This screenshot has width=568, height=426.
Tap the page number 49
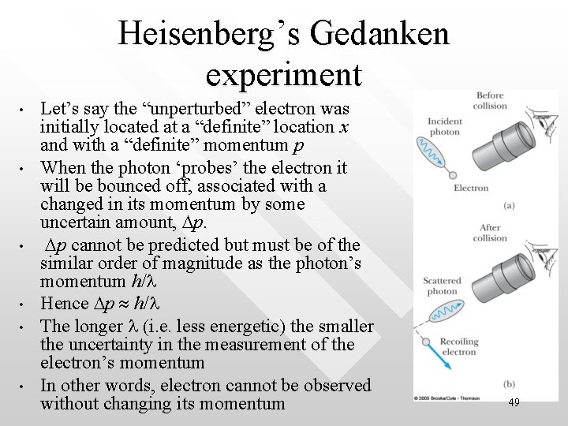pos(514,402)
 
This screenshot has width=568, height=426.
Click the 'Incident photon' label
pos(445,126)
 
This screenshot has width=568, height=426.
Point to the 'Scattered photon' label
pos(443,286)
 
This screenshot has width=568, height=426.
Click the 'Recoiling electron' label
pos(458,347)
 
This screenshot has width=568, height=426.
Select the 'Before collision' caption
pos(490,101)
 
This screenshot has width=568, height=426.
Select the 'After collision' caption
pos(490,233)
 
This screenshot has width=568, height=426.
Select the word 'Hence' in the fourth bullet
pos(65,303)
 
